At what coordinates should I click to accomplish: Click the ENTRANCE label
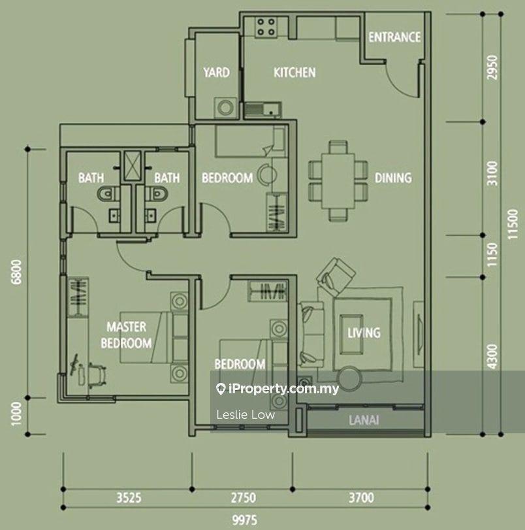pyautogui.click(x=394, y=37)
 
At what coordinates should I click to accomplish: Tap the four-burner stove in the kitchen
pyautogui.click(x=266, y=27)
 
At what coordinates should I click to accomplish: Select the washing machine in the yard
pyautogui.click(x=225, y=108)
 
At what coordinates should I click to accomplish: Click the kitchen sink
pyautogui.click(x=262, y=109)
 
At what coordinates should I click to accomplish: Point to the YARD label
pyautogui.click(x=217, y=73)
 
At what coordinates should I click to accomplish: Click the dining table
pyautogui.click(x=338, y=181)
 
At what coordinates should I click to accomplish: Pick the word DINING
pyautogui.click(x=393, y=178)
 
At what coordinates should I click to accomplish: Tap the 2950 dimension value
pyautogui.click(x=492, y=67)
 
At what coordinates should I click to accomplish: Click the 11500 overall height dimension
pyautogui.click(x=513, y=224)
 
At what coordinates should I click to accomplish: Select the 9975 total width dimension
pyautogui.click(x=245, y=520)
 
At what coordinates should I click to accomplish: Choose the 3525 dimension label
pyautogui.click(x=129, y=498)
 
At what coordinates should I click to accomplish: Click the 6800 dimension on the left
pyautogui.click(x=16, y=272)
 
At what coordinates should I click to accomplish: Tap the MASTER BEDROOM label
pyautogui.click(x=126, y=335)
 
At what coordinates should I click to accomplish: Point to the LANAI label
pyautogui.click(x=364, y=420)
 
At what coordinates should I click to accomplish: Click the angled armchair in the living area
pyautogui.click(x=336, y=273)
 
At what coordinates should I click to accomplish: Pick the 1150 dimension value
pyautogui.click(x=492, y=254)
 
